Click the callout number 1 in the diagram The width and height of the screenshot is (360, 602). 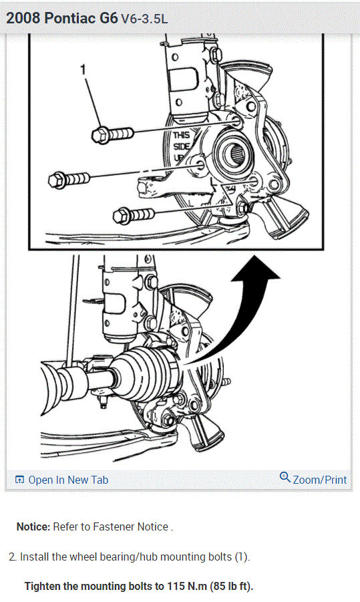tap(83, 68)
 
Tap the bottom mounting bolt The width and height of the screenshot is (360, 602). tap(134, 214)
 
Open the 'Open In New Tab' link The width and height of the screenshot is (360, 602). tap(67, 480)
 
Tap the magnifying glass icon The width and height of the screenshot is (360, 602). tap(285, 478)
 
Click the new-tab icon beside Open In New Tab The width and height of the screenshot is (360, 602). tap(19, 480)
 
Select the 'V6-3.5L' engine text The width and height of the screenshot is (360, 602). tap(144, 19)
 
